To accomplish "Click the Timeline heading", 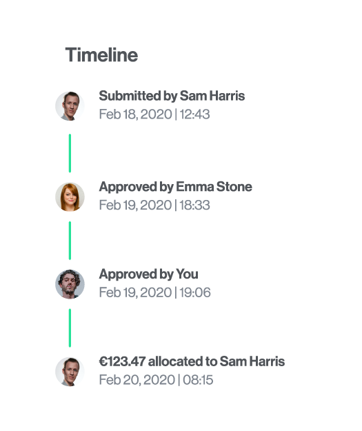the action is tap(101, 54).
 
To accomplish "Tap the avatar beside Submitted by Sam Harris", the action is tap(70, 106).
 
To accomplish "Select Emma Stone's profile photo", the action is tap(70, 197).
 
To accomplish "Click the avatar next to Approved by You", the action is tap(70, 284).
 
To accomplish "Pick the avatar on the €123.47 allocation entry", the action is tap(70, 372).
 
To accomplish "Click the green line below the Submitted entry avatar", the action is tap(70, 153).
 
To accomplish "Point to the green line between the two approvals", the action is tap(70, 241).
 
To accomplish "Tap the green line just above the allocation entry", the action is tap(70, 328).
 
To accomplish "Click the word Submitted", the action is tap(130, 96).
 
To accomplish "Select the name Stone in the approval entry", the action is tap(234, 187).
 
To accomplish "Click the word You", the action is tap(187, 274).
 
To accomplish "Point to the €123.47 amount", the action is tap(122, 361).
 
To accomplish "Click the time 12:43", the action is tap(194, 114).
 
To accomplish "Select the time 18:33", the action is tap(194, 205).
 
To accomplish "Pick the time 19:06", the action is tap(195, 292).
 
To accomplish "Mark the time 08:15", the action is tap(198, 380).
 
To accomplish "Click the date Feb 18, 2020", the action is tap(136, 114).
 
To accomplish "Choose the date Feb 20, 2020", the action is tap(137, 380).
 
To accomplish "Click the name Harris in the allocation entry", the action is tap(267, 361).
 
